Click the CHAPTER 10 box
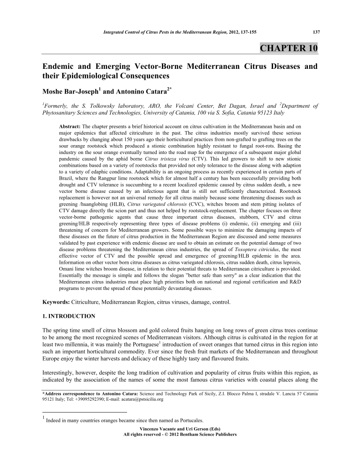coord(288,48)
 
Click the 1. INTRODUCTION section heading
coord(68,316)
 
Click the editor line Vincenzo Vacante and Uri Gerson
coord(180,429)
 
